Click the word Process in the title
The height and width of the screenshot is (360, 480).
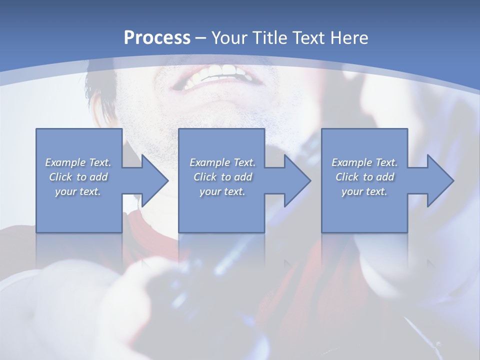tap(157, 37)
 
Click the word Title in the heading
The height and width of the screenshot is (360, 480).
tap(273, 37)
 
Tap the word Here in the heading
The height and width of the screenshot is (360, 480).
tap(350, 37)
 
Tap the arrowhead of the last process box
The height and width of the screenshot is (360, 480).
tap(439, 180)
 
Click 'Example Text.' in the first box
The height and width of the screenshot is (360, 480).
tap(78, 162)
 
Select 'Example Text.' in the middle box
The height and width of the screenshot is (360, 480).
tap(222, 162)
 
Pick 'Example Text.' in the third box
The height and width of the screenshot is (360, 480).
tap(364, 162)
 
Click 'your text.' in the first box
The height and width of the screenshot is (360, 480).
tap(78, 191)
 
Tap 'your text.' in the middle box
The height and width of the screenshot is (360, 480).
tap(222, 191)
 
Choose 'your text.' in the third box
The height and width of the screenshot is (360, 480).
tap(364, 191)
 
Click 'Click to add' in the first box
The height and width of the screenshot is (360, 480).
tap(78, 177)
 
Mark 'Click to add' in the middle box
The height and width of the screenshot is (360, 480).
tap(222, 177)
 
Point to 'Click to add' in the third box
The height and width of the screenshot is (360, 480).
tap(364, 177)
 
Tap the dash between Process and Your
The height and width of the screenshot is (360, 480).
tap(201, 38)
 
